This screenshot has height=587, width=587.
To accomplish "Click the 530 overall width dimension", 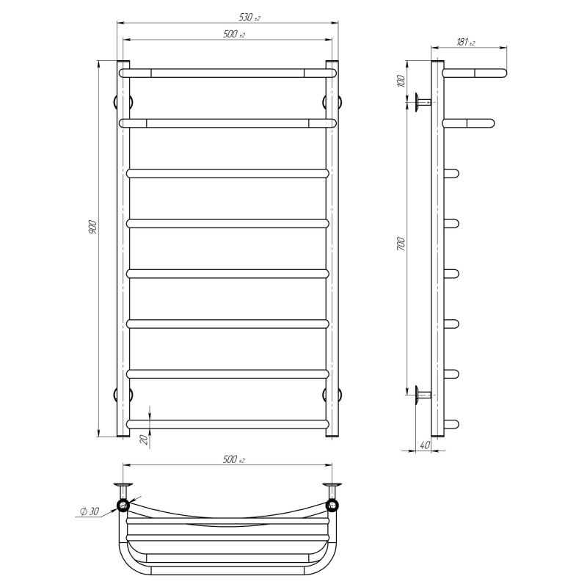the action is [249, 17].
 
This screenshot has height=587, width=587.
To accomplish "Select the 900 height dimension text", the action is [92, 227].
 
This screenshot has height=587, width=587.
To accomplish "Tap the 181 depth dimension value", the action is [465, 42].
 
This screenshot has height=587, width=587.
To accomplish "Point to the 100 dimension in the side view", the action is [401, 81].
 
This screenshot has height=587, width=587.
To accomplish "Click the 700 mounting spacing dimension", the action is [401, 244].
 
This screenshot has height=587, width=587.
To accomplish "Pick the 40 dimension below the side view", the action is [425, 445].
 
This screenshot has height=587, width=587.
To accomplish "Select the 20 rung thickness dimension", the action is [144, 440].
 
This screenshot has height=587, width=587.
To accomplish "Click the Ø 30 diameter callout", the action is [90, 511].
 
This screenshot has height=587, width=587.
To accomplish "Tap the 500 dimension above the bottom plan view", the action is [233, 459].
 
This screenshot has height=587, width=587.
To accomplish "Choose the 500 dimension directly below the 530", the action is [234, 34].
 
